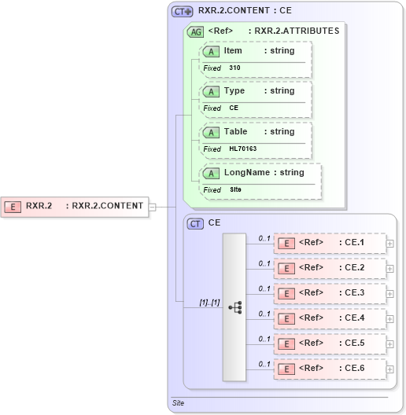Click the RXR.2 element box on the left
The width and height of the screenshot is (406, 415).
pos(75,206)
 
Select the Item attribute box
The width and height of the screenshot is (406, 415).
pos(256,58)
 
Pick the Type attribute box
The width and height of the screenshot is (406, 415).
pos(256,98)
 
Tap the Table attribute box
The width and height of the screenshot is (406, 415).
pos(256,139)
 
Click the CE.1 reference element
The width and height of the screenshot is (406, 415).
pos(329,243)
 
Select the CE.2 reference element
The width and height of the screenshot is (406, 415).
pos(329,268)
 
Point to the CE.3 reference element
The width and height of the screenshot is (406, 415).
pos(329,293)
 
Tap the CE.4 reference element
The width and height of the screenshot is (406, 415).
pos(329,318)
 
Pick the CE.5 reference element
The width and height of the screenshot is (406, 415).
pos(329,343)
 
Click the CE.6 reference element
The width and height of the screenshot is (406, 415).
pos(329,369)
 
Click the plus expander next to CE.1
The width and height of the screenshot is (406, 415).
pos(390,244)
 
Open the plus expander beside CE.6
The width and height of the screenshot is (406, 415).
pos(390,369)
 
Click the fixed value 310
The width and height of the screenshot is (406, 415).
pos(235,68)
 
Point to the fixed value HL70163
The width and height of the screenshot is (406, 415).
pos(243,149)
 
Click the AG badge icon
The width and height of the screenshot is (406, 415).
pos(194,32)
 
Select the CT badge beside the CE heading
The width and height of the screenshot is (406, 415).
pos(195,223)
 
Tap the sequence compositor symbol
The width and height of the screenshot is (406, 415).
pos(234,307)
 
